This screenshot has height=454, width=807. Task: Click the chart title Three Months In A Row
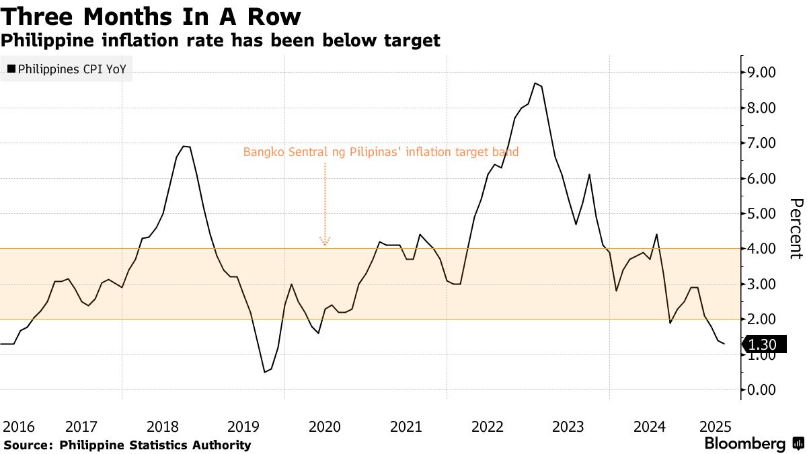click(x=151, y=16)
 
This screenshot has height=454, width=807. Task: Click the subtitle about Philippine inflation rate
click(x=221, y=40)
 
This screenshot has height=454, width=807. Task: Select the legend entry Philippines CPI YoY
click(x=67, y=69)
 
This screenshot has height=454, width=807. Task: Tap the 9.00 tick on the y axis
click(x=758, y=73)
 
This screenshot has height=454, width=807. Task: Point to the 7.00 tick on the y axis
click(x=758, y=143)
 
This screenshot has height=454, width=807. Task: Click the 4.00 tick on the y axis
click(x=758, y=249)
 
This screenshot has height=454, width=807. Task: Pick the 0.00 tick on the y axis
click(x=758, y=390)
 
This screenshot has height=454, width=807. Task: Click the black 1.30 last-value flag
click(x=761, y=345)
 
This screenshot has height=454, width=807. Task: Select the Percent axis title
click(x=796, y=229)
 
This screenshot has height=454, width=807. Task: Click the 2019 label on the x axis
click(x=243, y=426)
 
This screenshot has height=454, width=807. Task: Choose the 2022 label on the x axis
click(x=488, y=426)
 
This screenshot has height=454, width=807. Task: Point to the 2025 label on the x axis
click(x=715, y=426)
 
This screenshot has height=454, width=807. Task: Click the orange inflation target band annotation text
click(x=381, y=153)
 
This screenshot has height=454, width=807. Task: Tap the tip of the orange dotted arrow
click(x=325, y=244)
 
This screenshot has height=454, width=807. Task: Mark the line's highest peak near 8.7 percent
click(x=535, y=83)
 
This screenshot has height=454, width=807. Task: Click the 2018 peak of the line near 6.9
click(x=186, y=147)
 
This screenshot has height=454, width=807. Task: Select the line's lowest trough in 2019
click(x=265, y=372)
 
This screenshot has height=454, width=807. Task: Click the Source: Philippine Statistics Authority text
click(x=127, y=445)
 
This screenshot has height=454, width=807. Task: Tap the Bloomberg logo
click(x=744, y=444)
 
